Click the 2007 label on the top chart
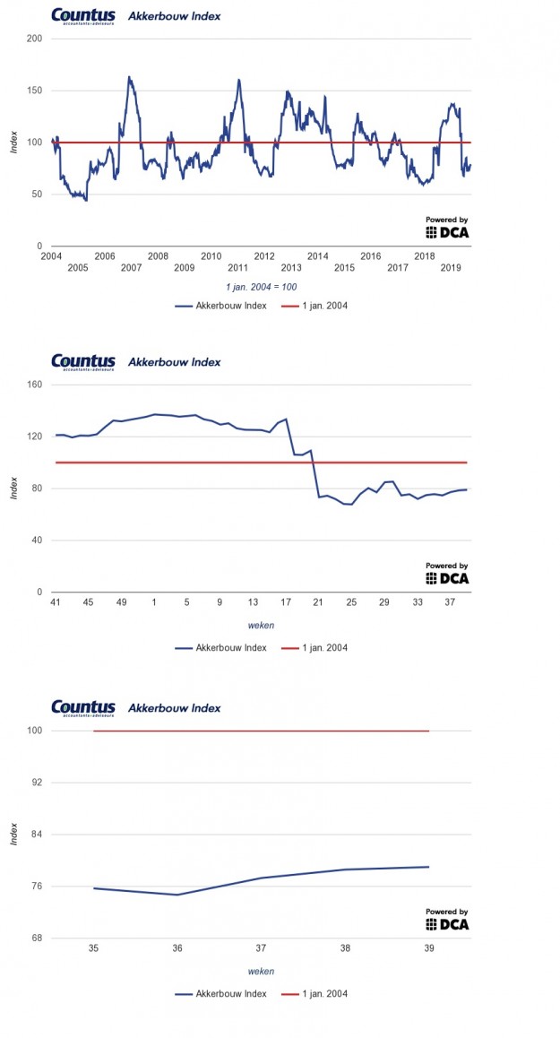131,268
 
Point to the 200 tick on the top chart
35,39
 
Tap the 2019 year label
450,268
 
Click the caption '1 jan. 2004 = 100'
261,287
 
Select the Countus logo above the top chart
83,16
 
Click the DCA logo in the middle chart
446,575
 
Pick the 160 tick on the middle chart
35,385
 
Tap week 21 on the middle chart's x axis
318,601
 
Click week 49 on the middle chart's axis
121,601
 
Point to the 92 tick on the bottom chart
35,783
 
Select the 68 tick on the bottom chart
35,939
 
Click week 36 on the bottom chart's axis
177,947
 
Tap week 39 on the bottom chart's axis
429,947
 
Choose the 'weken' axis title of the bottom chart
261,971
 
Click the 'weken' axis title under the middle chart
261,625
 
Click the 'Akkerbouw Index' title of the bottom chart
174,708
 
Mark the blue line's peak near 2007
129,77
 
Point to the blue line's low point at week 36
177,895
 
